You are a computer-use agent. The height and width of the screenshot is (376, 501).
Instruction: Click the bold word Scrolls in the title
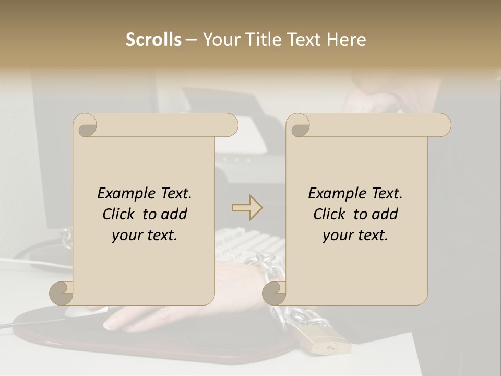[153, 40]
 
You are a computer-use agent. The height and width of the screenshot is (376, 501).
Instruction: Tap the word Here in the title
[346, 40]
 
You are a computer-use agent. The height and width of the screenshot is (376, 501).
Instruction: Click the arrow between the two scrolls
[247, 207]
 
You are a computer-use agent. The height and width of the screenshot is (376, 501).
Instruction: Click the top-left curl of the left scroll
[85, 125]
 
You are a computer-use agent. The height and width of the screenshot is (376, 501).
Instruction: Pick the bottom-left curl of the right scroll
[275, 292]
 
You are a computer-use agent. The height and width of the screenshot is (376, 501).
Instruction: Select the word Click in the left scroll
[120, 215]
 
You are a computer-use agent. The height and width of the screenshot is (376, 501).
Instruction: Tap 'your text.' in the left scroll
[145, 236]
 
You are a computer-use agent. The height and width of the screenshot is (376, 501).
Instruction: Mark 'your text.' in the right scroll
[355, 236]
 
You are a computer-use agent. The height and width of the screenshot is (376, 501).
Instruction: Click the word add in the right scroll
[386, 215]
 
